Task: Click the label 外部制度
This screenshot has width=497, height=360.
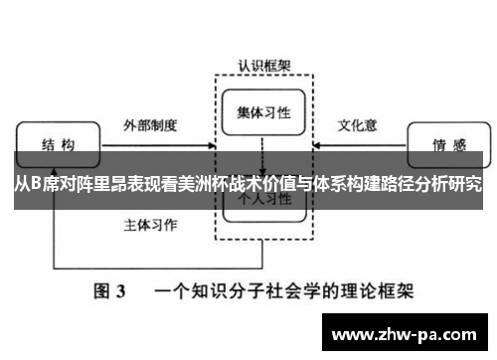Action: [150, 127]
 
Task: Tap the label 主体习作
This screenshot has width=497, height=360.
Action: [150, 224]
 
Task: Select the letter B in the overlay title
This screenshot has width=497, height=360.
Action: [37, 184]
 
